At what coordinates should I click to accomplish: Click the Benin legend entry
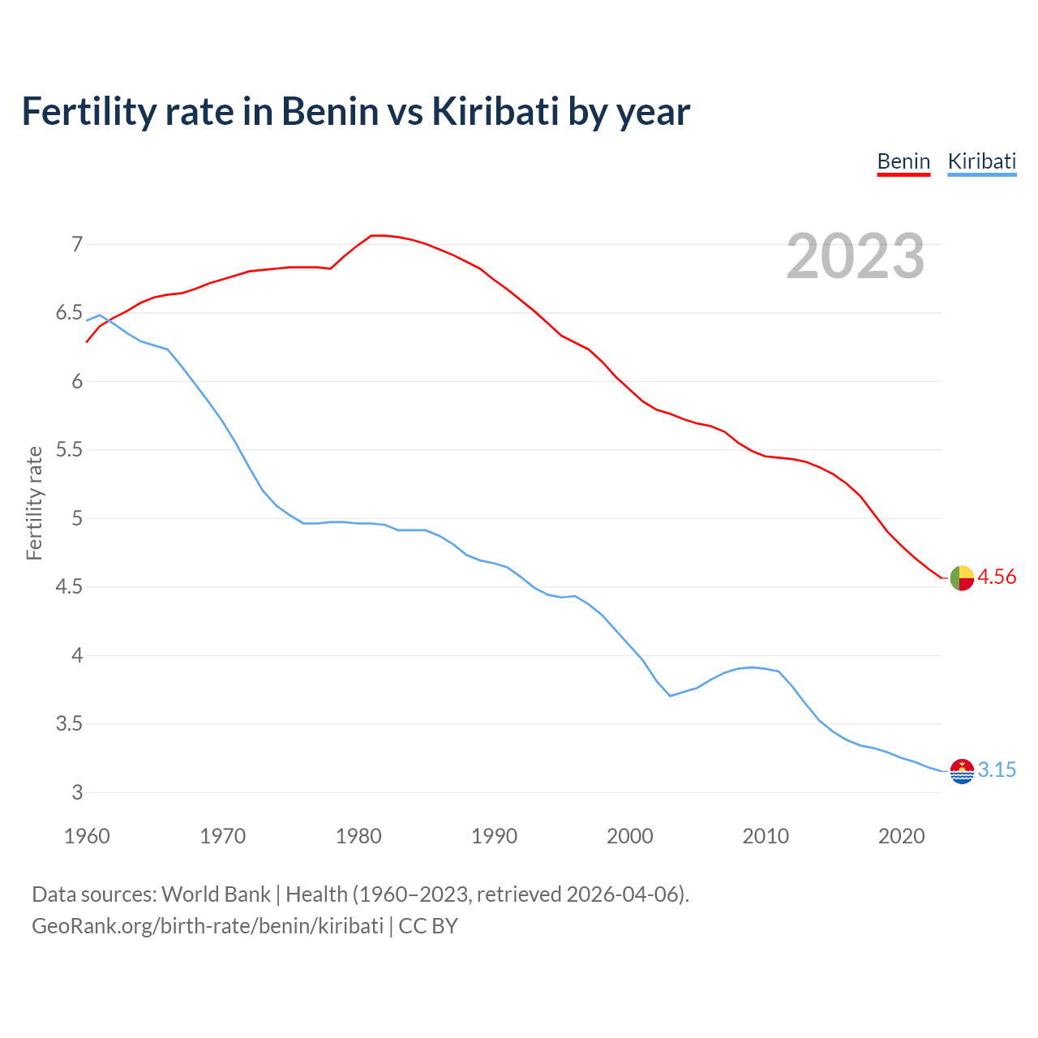coord(903,161)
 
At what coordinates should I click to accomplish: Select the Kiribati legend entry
coord(981,161)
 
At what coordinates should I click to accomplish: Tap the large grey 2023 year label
coord(856,256)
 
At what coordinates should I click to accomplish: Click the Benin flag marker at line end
coord(962,578)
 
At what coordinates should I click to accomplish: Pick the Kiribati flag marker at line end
coord(962,771)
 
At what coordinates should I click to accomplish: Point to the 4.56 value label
coord(997,577)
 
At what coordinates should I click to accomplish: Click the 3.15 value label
coord(997,770)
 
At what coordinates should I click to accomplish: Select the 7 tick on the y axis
coord(77,244)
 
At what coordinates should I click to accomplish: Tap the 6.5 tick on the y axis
coord(69,313)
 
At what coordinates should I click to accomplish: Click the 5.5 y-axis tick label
coord(69,450)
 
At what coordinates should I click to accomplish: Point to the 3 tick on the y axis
coord(77,792)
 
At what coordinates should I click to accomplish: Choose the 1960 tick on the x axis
coord(87,836)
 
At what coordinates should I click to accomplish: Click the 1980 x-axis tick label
coord(358,836)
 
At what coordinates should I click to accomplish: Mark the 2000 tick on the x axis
coord(630,836)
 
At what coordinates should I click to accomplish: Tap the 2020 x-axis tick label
coord(901,836)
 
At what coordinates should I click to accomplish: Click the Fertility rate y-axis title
coord(34,503)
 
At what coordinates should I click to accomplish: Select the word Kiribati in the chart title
coord(494,112)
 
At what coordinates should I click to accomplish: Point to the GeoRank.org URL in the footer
coord(207,926)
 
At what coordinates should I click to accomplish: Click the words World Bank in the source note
coord(216,894)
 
